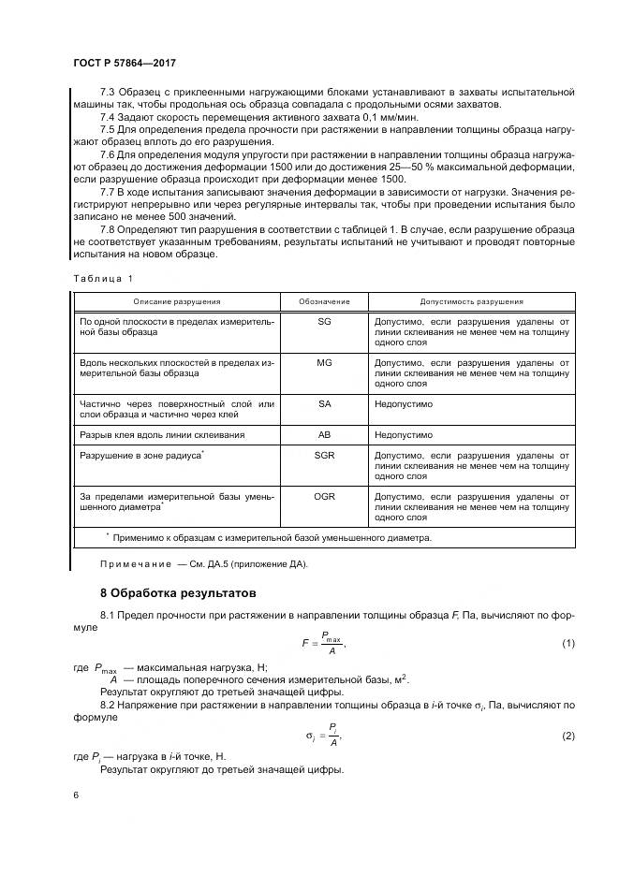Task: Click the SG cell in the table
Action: [x=324, y=321]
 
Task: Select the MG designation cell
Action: [x=324, y=361]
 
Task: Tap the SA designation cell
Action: [x=324, y=403]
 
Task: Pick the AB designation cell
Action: [x=324, y=435]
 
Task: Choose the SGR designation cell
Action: [x=324, y=454]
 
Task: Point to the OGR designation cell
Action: [x=324, y=496]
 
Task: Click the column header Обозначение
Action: [x=324, y=301]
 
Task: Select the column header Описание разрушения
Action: [x=176, y=301]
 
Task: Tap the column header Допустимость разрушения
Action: [x=471, y=301]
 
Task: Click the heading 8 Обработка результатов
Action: [x=176, y=592]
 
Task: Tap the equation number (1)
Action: [x=567, y=643]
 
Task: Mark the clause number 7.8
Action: [x=109, y=227]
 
